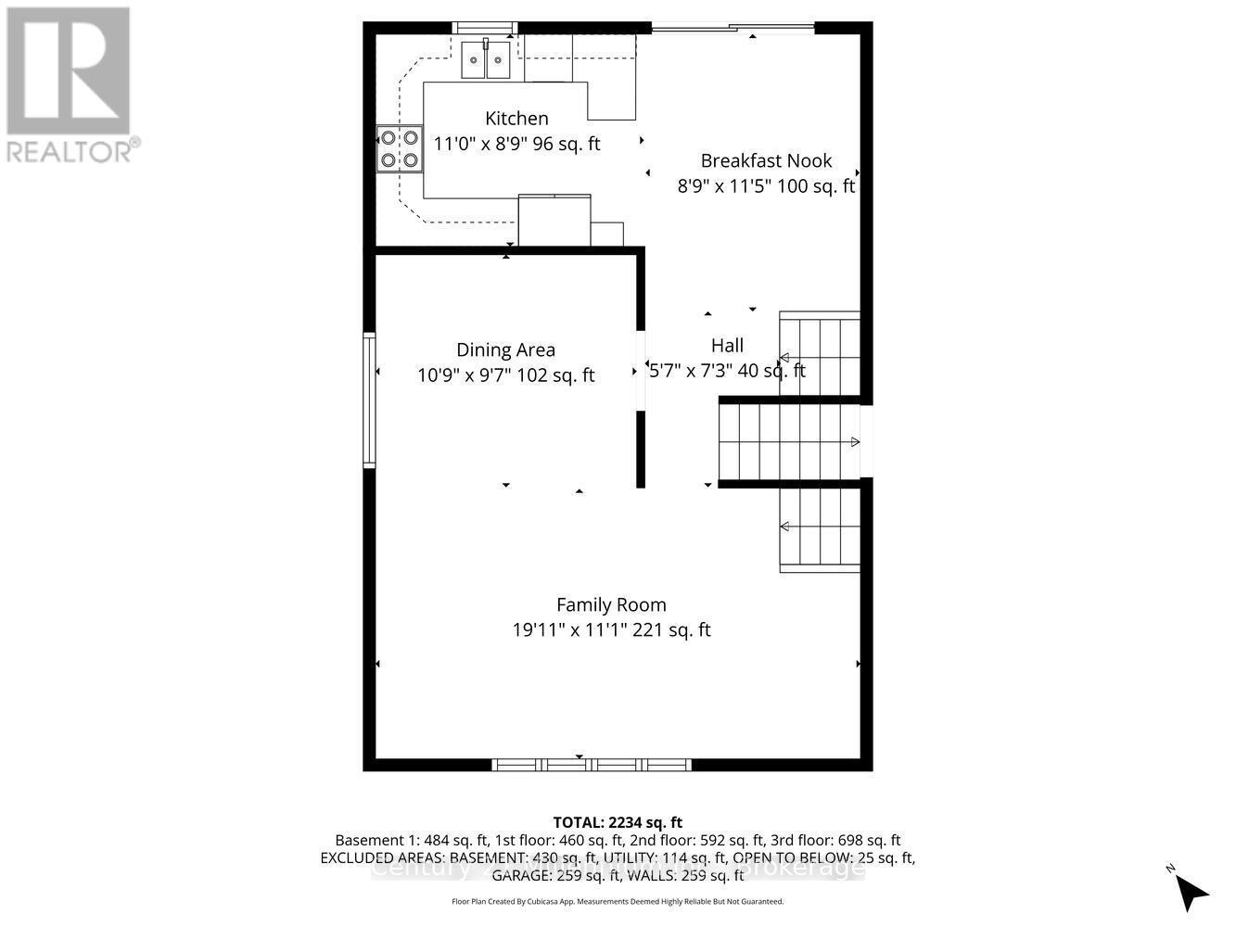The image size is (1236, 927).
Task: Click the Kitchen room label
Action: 516,119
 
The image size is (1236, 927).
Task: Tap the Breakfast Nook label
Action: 766,160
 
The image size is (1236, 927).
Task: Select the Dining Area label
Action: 505,349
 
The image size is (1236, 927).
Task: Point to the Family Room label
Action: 611,604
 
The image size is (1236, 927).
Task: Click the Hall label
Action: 727,346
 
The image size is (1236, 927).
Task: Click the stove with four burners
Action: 400,149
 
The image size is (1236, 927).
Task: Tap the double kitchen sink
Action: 487,62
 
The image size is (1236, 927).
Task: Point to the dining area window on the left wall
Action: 369,400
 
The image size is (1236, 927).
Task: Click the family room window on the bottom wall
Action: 591,765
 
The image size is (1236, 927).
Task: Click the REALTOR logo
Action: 70,83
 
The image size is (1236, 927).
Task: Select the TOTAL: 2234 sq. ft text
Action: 618,822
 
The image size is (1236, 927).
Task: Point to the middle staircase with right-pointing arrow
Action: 788,442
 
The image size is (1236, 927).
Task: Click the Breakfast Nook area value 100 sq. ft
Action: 816,185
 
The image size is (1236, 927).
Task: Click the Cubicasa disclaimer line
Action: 618,901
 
